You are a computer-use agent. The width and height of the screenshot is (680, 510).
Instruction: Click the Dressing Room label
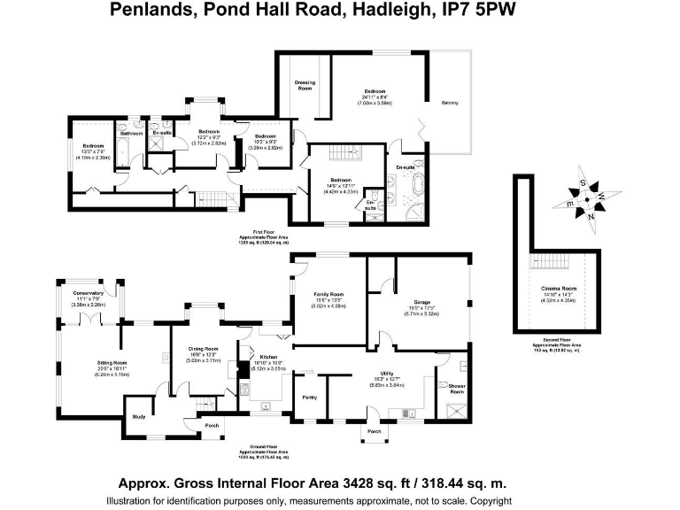click(305, 86)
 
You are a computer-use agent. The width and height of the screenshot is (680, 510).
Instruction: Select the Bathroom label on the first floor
click(131, 134)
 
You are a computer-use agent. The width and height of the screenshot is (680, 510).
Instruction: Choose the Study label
click(138, 416)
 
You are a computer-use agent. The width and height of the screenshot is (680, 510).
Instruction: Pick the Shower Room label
click(458, 387)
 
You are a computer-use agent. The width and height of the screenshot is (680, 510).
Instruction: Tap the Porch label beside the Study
click(212, 425)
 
